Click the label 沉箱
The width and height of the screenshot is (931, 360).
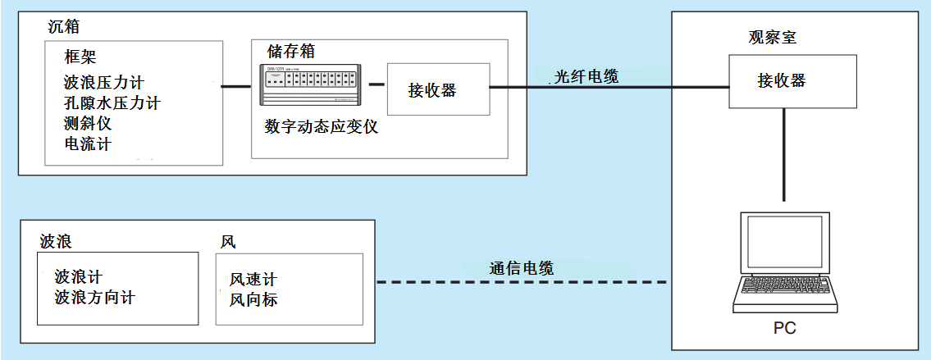pos(61,29)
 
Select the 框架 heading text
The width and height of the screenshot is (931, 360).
pos(80,58)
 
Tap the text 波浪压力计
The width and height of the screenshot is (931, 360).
pos(103,83)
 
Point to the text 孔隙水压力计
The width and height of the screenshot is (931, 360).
pos(112,103)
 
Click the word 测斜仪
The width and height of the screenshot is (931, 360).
pos(87,124)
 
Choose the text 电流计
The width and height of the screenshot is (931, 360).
pos(87,144)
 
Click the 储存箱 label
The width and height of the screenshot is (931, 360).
pos(291,51)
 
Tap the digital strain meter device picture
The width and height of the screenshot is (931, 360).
pos(310,84)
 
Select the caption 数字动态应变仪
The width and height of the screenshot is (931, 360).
pos(321,127)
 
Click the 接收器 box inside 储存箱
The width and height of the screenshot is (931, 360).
pos(437,90)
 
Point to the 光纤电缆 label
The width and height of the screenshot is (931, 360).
pos(586,76)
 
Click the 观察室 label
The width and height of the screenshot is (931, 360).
pos(771,38)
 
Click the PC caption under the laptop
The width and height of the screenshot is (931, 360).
pos(784,328)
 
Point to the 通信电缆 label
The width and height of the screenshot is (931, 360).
pos(522,268)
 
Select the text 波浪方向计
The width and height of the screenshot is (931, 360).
pos(94,298)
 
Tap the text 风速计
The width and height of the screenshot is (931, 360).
pos(253,280)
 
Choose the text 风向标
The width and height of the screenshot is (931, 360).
pos(253,300)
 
